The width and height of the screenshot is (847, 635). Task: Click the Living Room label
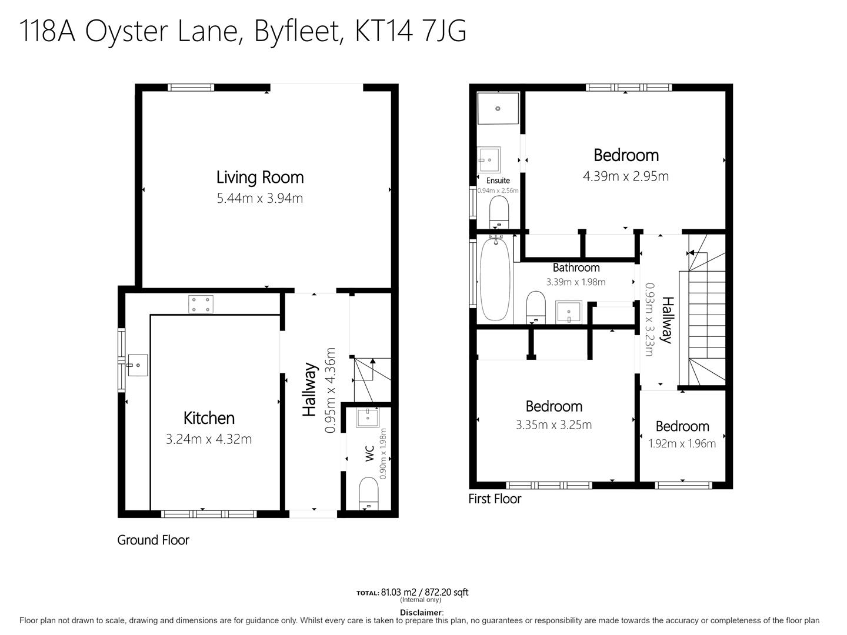pos(260,178)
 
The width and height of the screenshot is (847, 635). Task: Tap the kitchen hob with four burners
pos(201,304)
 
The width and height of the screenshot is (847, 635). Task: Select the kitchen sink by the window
pos(138,365)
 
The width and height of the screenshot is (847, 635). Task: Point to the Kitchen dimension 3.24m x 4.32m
pos(209,439)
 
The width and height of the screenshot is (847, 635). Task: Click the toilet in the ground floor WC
pos(369,494)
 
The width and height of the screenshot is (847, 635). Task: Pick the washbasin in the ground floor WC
pos(368,418)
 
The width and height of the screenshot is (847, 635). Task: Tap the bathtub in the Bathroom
pos(495,279)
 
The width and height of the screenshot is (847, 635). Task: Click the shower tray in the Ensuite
pos(498,108)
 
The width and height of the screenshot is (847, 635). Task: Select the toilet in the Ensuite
pos(499,212)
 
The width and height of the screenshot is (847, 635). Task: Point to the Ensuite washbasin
pos(489,159)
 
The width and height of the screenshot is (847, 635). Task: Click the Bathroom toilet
pos(536,307)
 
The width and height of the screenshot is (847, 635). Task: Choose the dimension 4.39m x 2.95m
pos(625,176)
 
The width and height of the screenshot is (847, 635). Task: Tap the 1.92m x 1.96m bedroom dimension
pos(682,443)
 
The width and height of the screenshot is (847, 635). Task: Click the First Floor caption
pos(495,499)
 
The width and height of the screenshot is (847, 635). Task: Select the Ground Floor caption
pos(153,540)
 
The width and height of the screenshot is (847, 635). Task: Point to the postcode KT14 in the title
pos(384,31)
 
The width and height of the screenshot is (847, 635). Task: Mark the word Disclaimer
pos(421,612)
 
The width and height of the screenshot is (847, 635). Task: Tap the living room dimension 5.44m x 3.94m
pos(260,198)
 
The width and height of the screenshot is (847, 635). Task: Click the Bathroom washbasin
pos(569,312)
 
